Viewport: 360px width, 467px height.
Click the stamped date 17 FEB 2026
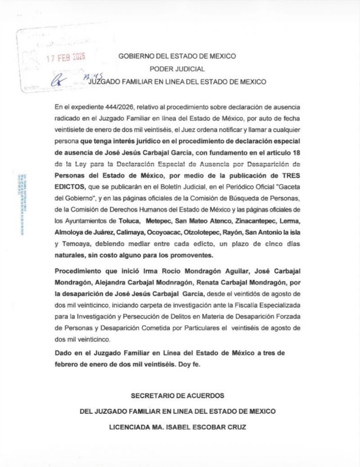pyautogui.click(x=67, y=58)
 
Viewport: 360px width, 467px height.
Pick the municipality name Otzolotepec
pyautogui.click(x=199, y=233)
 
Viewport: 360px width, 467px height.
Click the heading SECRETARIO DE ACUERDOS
pyautogui.click(x=177, y=395)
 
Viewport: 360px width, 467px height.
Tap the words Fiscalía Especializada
pyautogui.click(x=273, y=306)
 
